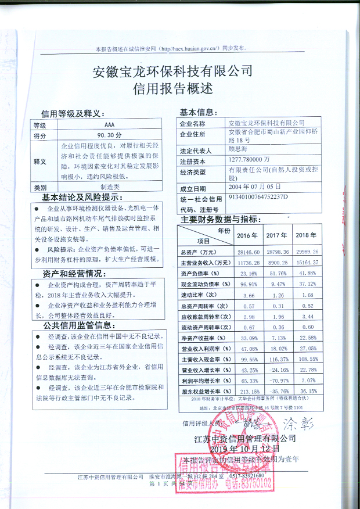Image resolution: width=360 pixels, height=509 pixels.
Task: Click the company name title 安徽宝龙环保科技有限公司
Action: click(172, 71)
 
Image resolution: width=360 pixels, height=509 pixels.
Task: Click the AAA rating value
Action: click(110, 125)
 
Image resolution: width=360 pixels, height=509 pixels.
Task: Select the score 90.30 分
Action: click(110, 135)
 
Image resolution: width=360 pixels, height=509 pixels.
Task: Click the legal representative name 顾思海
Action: click(238, 148)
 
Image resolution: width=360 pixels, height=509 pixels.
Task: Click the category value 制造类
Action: click(110, 187)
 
